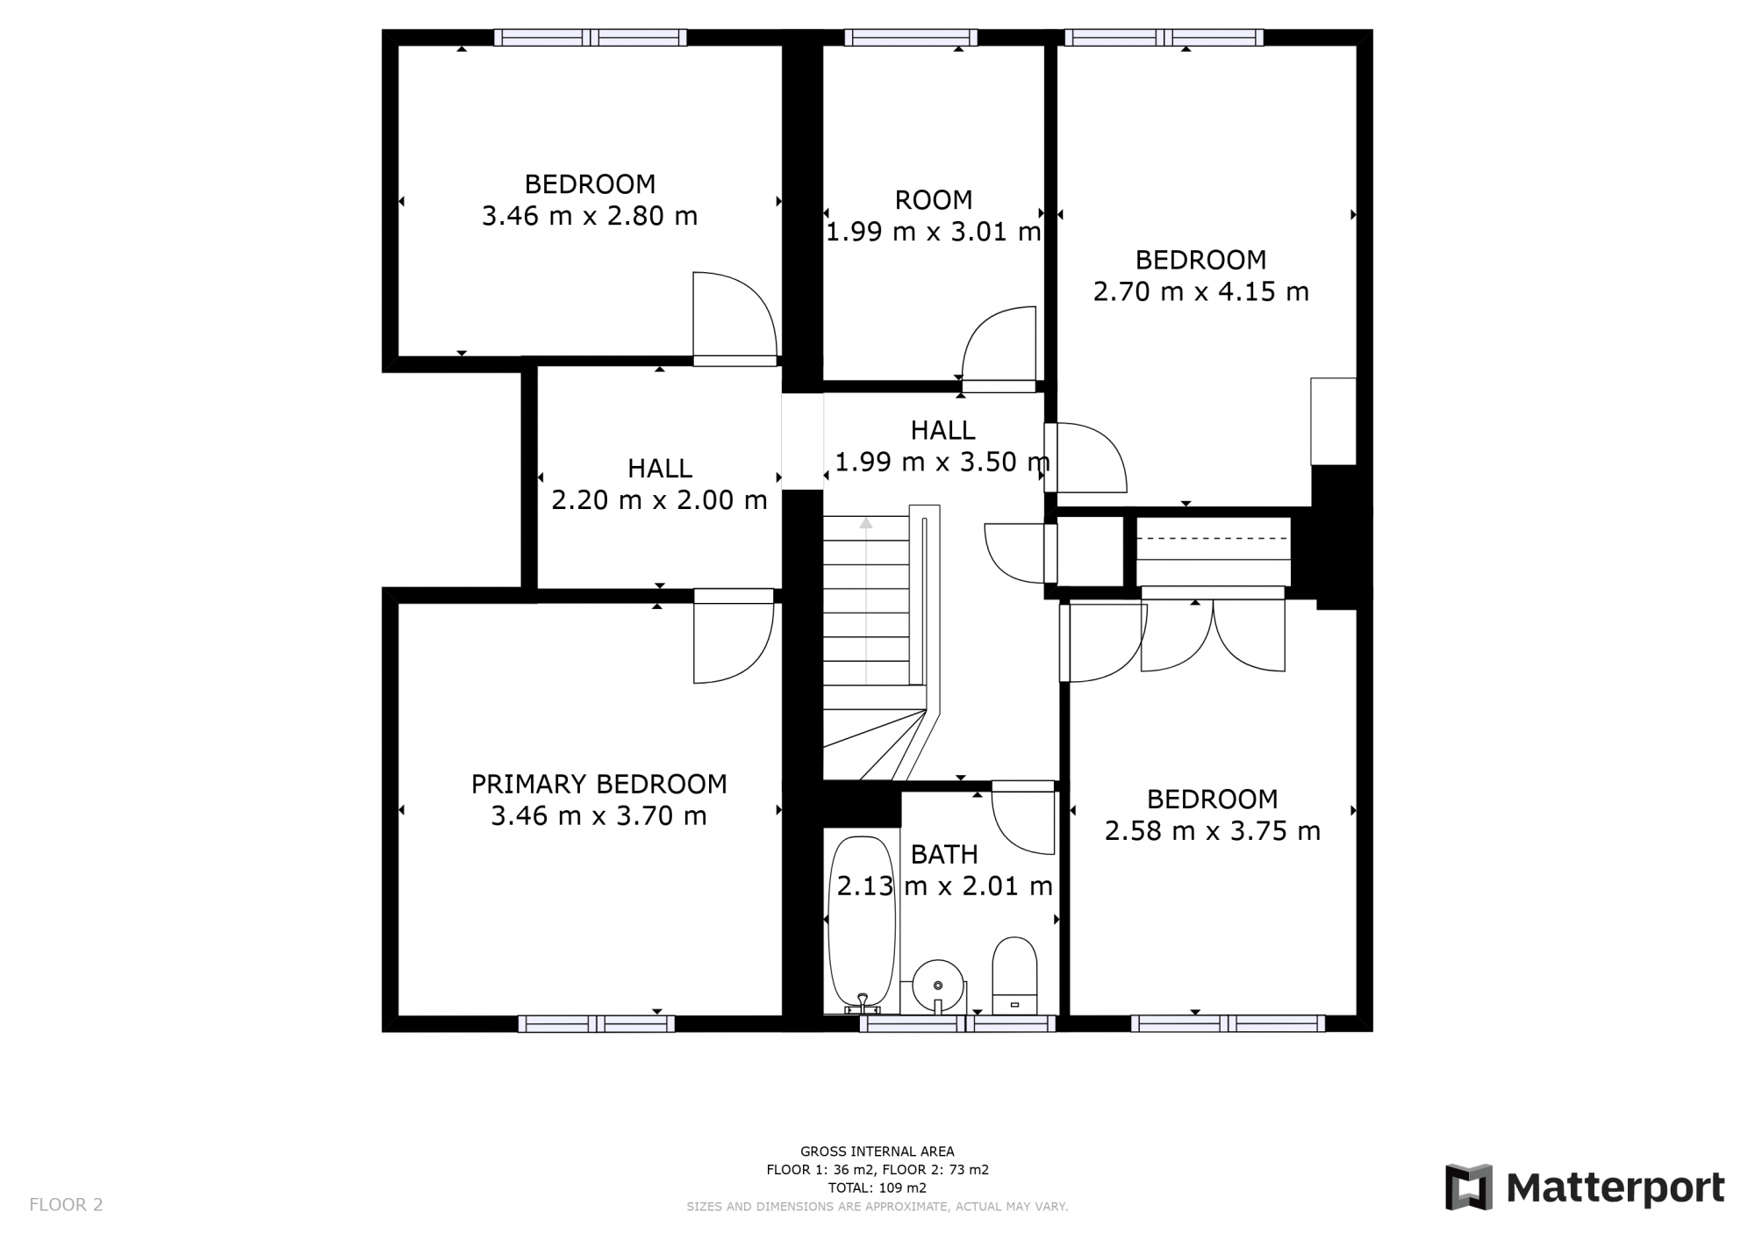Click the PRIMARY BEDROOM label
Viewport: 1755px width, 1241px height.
coord(598,784)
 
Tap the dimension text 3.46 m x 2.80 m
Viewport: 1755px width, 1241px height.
coord(589,216)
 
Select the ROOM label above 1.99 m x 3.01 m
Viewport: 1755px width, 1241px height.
coord(933,200)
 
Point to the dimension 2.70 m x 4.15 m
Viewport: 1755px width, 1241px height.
coord(1200,291)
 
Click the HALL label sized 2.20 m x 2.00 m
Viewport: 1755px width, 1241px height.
coord(659,469)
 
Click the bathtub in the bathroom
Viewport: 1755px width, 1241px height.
coord(862,922)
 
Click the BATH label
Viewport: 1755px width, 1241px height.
coord(943,854)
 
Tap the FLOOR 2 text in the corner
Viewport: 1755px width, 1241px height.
coord(66,1204)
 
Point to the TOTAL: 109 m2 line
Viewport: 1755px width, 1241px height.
coord(877,1187)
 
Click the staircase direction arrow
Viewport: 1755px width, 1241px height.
coord(866,525)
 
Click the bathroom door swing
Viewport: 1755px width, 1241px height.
coord(1023,821)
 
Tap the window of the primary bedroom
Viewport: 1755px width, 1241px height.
coord(596,1023)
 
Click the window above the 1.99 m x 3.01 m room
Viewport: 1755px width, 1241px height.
coord(910,37)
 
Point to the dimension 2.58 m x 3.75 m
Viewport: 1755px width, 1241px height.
coord(1212,831)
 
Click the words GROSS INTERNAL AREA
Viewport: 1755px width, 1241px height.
coord(877,1151)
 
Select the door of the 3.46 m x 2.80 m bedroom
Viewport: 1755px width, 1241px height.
coord(734,316)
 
